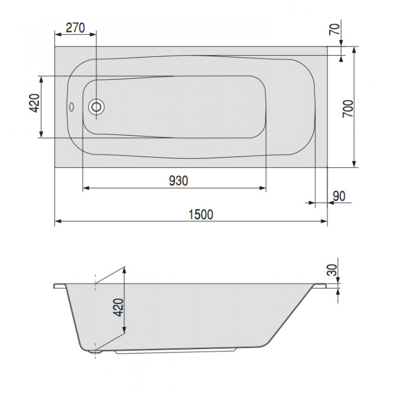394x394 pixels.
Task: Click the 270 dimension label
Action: coord(75,28)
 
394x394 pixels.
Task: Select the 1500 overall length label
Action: coord(200,214)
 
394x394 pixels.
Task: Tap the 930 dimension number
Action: coord(178,181)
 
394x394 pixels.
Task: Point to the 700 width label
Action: coord(348,109)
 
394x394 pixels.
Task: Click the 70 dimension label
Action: coord(334,29)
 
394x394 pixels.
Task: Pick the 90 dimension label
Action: coord(339,196)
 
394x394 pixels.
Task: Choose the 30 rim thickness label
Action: coord(333,270)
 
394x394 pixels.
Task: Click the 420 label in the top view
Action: coord(34,103)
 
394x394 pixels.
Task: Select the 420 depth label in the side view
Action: coord(118,307)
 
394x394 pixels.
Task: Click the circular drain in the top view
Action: coord(96,107)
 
